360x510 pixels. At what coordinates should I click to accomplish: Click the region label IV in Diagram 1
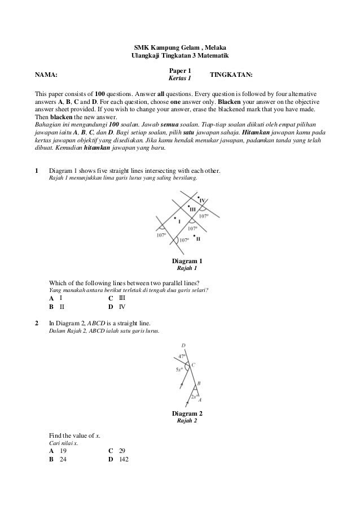pos(201,201)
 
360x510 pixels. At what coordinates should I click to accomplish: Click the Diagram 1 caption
pos(186,261)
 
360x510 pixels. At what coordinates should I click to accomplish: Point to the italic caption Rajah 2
pos(187,421)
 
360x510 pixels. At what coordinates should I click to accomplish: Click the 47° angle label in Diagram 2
pos(182,356)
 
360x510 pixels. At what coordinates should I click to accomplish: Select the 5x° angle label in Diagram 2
pos(179,369)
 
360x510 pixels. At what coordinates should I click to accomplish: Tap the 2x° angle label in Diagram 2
pos(193,396)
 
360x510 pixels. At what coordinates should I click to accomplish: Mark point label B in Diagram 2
pos(199,383)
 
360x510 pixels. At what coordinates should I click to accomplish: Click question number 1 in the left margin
pos(37,170)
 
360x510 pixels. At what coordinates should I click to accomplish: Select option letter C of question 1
pos(111,298)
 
